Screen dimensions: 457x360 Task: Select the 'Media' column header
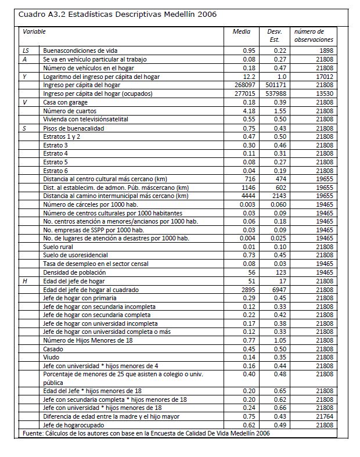pos(242,31)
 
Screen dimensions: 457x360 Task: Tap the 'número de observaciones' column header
pos(314,35)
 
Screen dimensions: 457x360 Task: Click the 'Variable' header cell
pos(34,31)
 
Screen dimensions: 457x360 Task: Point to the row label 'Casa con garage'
pos(66,102)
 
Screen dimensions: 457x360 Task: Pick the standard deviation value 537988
pos(275,93)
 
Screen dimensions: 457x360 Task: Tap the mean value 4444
pos(248,196)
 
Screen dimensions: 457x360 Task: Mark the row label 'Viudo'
pos(52,357)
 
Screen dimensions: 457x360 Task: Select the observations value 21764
pos(323,416)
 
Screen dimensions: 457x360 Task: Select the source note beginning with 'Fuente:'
pos(145,433)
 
